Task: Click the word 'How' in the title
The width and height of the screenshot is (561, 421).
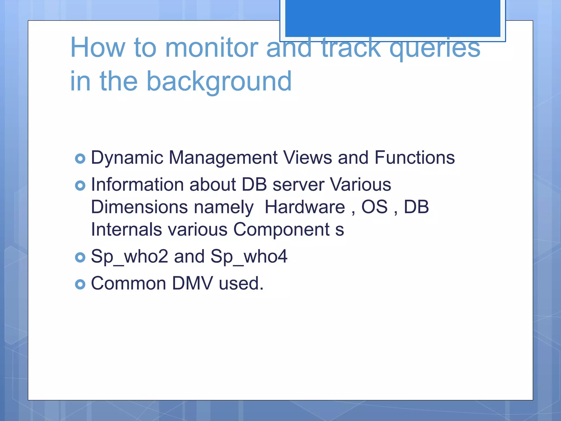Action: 98,48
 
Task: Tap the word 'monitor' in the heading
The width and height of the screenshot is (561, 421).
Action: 212,48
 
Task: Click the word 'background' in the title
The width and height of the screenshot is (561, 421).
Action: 219,82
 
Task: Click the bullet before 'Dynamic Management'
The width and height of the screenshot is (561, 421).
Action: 80,158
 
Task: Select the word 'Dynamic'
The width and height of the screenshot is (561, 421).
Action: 127,158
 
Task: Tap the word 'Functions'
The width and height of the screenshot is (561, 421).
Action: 414,158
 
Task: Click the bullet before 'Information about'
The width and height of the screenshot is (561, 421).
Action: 80,186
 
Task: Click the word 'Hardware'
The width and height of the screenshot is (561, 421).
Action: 305,207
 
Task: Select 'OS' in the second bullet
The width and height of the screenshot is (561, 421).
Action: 374,207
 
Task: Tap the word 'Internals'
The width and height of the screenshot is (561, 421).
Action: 126,229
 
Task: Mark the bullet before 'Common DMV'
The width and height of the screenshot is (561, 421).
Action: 80,284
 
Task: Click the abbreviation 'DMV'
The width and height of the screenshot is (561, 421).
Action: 192,283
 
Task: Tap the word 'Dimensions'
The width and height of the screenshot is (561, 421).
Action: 139,207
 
